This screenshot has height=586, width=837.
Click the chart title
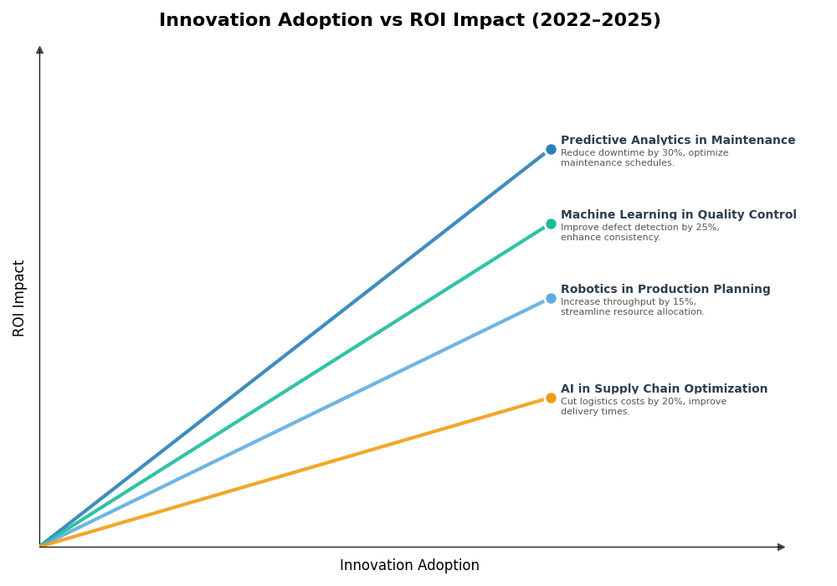pos(409,20)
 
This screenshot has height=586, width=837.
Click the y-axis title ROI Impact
pos(19,298)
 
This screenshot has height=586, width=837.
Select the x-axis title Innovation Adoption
pos(409,566)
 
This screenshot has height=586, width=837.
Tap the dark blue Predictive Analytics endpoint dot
pos(551,150)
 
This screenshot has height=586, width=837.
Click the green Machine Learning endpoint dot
pos(551,224)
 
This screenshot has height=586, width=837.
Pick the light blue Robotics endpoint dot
pos(551,299)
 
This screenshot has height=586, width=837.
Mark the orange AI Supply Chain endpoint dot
pos(551,398)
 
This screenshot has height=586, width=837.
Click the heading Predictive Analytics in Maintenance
pos(678,141)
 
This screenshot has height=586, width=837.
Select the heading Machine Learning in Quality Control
pos(678,215)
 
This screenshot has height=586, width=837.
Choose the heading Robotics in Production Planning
pos(665,290)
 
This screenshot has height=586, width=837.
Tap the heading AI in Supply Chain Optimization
pos(664,389)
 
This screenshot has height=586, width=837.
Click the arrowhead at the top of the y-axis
pos(39,50)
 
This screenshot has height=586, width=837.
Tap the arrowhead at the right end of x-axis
pos(781,547)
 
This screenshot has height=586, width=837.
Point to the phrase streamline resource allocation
pos(632,312)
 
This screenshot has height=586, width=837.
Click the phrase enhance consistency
pos(610,238)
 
